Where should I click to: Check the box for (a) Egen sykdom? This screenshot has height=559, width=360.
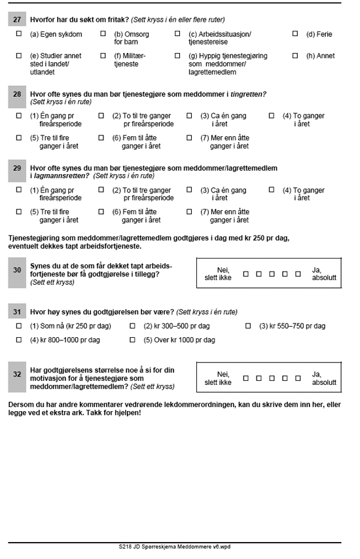tap(19, 34)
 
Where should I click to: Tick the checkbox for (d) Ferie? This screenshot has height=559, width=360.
tap(295, 34)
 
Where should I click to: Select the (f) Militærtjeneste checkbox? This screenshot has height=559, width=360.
tap(103, 56)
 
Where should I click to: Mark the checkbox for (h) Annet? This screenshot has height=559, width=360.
tap(295, 56)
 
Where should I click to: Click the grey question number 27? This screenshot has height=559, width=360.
tap(17, 20)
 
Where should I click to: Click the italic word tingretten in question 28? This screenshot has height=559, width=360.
tap(249, 94)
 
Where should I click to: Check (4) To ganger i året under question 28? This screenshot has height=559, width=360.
tap(272, 116)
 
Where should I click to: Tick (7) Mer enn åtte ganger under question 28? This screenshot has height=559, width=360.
tap(189, 137)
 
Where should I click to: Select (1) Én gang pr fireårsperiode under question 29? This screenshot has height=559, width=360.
tap(19, 190)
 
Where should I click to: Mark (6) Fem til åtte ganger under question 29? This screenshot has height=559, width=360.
tap(101, 212)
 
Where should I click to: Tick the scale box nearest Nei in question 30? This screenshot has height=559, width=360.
tap(246, 274)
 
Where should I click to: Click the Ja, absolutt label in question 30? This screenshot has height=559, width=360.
tap(324, 274)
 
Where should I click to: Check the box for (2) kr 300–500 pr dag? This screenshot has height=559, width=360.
tap(133, 326)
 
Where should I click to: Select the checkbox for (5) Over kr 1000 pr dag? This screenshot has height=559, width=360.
tap(133, 340)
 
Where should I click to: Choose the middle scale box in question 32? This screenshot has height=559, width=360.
tap(272, 378)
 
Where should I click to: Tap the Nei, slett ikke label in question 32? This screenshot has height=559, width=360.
tap(218, 378)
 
